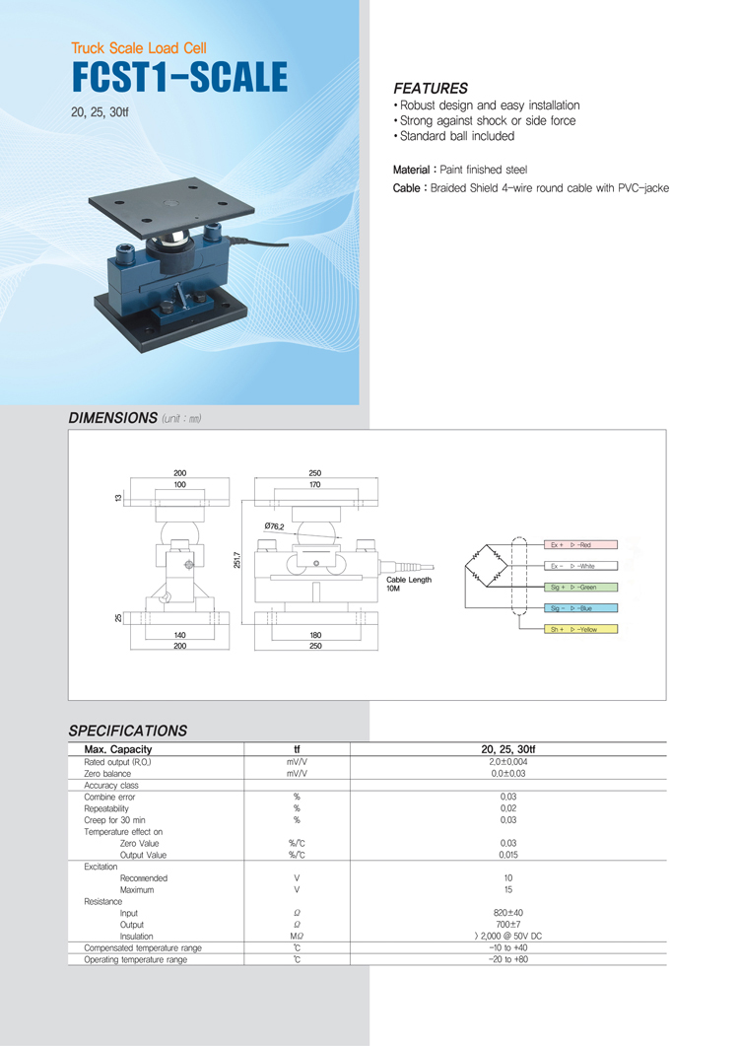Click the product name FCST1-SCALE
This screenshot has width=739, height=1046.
pyautogui.click(x=179, y=77)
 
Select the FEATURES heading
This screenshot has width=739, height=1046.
pyautogui.click(x=431, y=88)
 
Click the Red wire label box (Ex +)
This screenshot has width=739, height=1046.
pyautogui.click(x=580, y=544)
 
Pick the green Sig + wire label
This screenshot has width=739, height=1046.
pyautogui.click(x=580, y=587)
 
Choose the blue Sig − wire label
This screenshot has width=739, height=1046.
pyautogui.click(x=580, y=608)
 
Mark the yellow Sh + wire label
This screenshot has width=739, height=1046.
pyautogui.click(x=580, y=629)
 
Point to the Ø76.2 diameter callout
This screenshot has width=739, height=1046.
pyautogui.click(x=275, y=526)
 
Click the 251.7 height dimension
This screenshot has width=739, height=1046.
pyautogui.click(x=237, y=560)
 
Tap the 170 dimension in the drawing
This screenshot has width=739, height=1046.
pyautogui.click(x=314, y=485)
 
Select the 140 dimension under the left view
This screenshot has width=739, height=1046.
pyautogui.click(x=179, y=636)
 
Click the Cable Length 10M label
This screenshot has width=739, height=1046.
pyautogui.click(x=409, y=584)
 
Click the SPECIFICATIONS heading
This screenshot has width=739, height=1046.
pyautogui.click(x=127, y=731)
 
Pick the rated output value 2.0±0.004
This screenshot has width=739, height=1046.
pyautogui.click(x=508, y=762)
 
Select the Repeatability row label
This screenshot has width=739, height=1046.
pyautogui.click(x=106, y=807)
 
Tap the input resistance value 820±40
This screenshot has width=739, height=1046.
pyautogui.click(x=508, y=913)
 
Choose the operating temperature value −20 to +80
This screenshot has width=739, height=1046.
pyautogui.click(x=508, y=959)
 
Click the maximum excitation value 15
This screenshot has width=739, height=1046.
pyautogui.click(x=508, y=889)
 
